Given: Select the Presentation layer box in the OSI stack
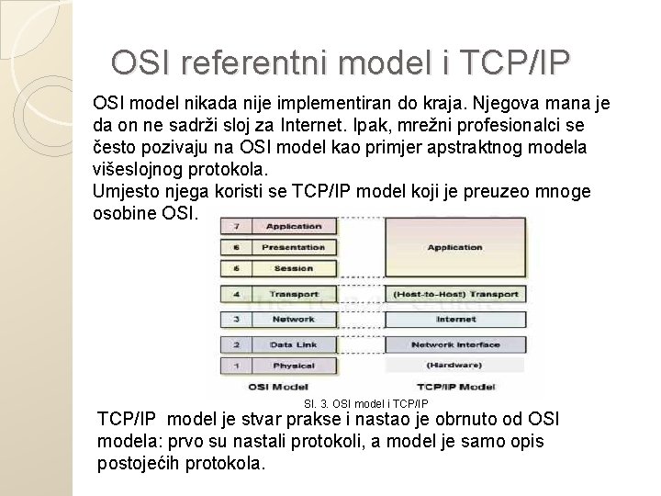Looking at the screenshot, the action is coord(293,247).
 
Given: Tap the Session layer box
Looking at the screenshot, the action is coord(293,269).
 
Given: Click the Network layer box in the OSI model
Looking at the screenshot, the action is coord(293,319).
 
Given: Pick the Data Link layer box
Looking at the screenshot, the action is coord(293,344).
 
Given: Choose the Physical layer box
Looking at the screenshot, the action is coord(293,366).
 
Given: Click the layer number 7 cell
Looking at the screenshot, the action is coord(237,226).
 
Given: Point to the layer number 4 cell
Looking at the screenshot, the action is coord(237,295).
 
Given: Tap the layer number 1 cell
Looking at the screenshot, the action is coord(237,366).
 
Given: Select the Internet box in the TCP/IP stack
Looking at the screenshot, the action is coord(455,319).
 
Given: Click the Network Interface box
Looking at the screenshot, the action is coord(455,344).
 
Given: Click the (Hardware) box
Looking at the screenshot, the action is coord(455,365).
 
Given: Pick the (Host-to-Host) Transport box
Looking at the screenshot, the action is coord(455,295).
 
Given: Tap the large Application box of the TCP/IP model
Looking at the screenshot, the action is coord(455,247).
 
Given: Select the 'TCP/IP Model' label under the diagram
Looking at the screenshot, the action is coord(455,387).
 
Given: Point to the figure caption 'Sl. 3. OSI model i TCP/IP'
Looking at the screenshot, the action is coord(364,403).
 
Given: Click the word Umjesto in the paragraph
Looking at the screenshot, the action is coord(125,191).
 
